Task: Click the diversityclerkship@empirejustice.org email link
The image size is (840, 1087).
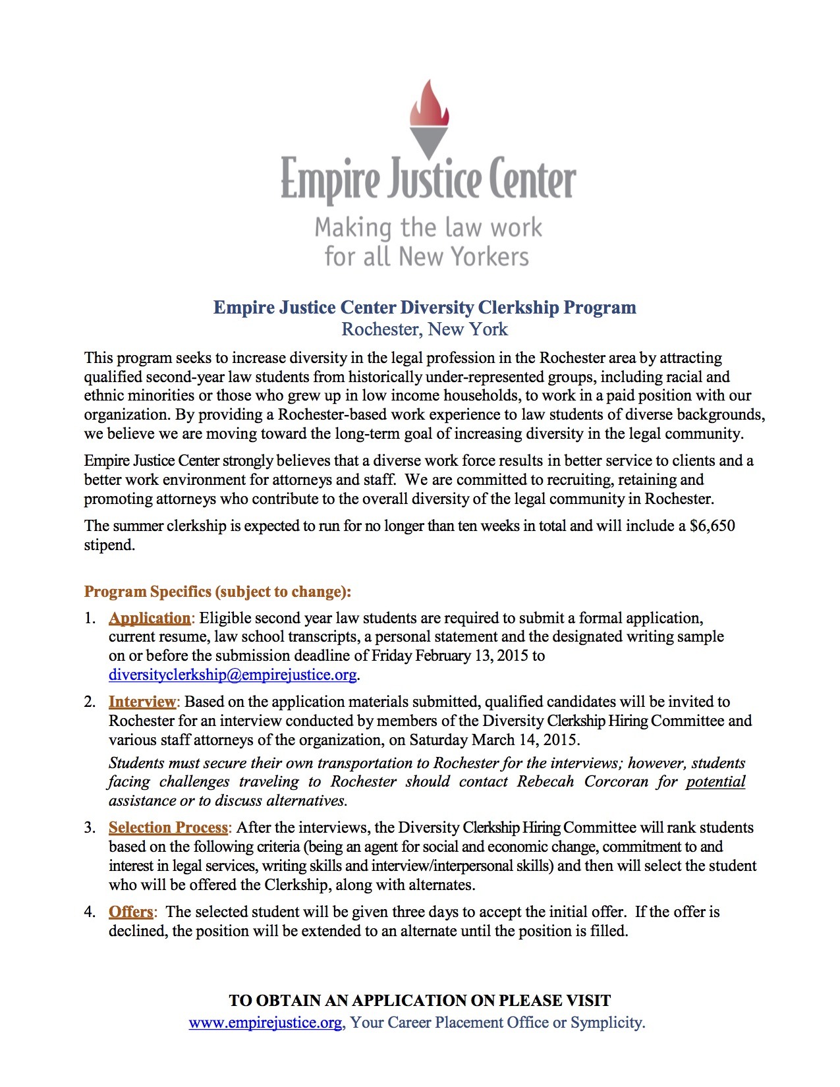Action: [x=233, y=675]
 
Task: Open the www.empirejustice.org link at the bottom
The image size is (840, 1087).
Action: [x=265, y=1022]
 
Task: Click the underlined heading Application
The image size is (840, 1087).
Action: [x=150, y=618]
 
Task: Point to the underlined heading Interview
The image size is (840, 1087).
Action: [x=142, y=702]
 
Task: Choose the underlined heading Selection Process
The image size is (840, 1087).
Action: [x=168, y=827]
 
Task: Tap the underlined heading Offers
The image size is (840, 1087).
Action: [x=130, y=912]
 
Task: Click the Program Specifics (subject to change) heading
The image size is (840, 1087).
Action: [x=217, y=592]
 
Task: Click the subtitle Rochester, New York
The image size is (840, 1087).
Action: [x=424, y=329]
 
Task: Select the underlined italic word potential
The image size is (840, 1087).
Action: [x=715, y=782]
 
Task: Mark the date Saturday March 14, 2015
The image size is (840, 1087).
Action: [x=494, y=740]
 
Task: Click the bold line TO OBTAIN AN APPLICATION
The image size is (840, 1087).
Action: [x=420, y=1001]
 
